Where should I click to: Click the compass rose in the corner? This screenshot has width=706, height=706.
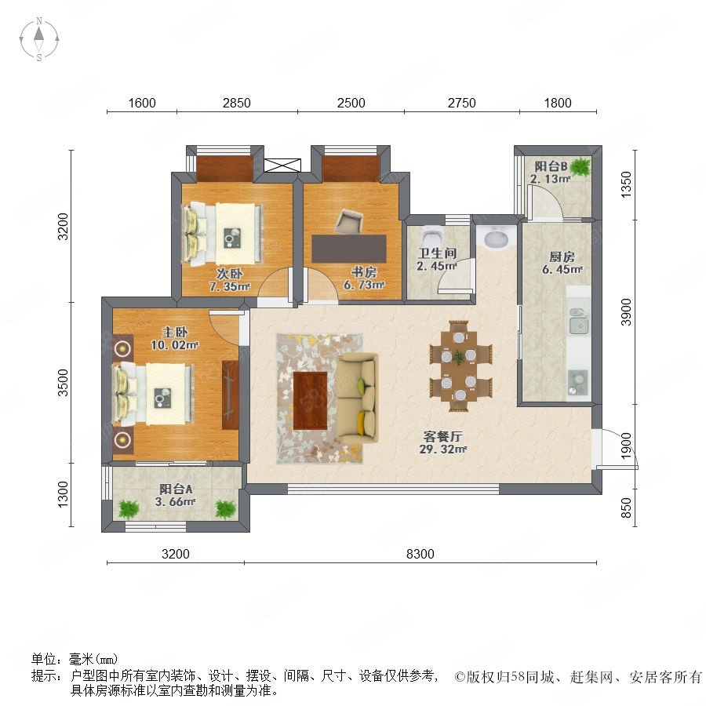click(x=39, y=39)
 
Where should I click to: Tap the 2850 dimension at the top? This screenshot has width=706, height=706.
click(x=236, y=103)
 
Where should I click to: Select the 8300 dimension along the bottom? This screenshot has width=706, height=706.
click(x=420, y=554)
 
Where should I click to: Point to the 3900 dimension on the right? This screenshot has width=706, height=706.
click(x=626, y=311)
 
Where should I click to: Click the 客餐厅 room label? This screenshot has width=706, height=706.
click(x=442, y=436)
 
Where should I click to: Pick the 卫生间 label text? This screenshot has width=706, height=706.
click(x=437, y=253)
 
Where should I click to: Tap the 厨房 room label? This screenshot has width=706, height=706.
click(x=562, y=257)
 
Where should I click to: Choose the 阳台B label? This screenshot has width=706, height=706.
click(x=551, y=166)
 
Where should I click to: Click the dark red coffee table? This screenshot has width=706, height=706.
click(x=310, y=401)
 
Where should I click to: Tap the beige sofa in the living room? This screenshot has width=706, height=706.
click(x=358, y=398)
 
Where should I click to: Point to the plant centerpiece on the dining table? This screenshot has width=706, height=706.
click(x=459, y=358)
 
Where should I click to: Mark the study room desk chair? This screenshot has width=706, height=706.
click(x=349, y=221)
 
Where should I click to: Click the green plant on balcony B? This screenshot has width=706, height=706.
click(x=580, y=166)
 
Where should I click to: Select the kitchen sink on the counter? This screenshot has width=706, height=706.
click(x=579, y=322)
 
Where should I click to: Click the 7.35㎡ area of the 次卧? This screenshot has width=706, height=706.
click(x=229, y=286)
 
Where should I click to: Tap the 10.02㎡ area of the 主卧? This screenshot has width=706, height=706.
click(x=175, y=345)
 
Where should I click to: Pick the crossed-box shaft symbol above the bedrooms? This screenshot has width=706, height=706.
click(x=282, y=166)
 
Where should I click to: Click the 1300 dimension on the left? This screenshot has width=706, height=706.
click(x=63, y=494)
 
